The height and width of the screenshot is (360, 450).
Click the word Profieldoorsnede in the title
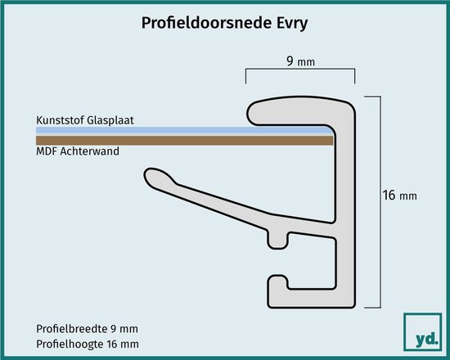tap(206, 23)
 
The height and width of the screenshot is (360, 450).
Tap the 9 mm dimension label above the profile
tap(300, 61)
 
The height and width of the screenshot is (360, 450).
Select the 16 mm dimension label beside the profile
tap(400, 196)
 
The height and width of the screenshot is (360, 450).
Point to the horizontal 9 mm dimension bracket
tap(300, 69)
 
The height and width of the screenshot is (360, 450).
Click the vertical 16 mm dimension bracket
tap(380, 202)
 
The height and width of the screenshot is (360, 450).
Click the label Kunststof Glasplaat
tap(85, 120)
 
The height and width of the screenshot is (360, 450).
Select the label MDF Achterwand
tap(78, 151)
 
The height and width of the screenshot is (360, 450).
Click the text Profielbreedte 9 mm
tap(87, 329)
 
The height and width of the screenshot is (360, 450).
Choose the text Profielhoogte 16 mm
tap(88, 344)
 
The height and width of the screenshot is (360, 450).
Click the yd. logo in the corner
tap(422, 332)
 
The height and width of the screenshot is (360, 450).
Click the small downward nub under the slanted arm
tap(277, 240)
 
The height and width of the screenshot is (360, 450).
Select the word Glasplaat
tap(110, 120)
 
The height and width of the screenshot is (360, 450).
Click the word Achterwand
tap(89, 151)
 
